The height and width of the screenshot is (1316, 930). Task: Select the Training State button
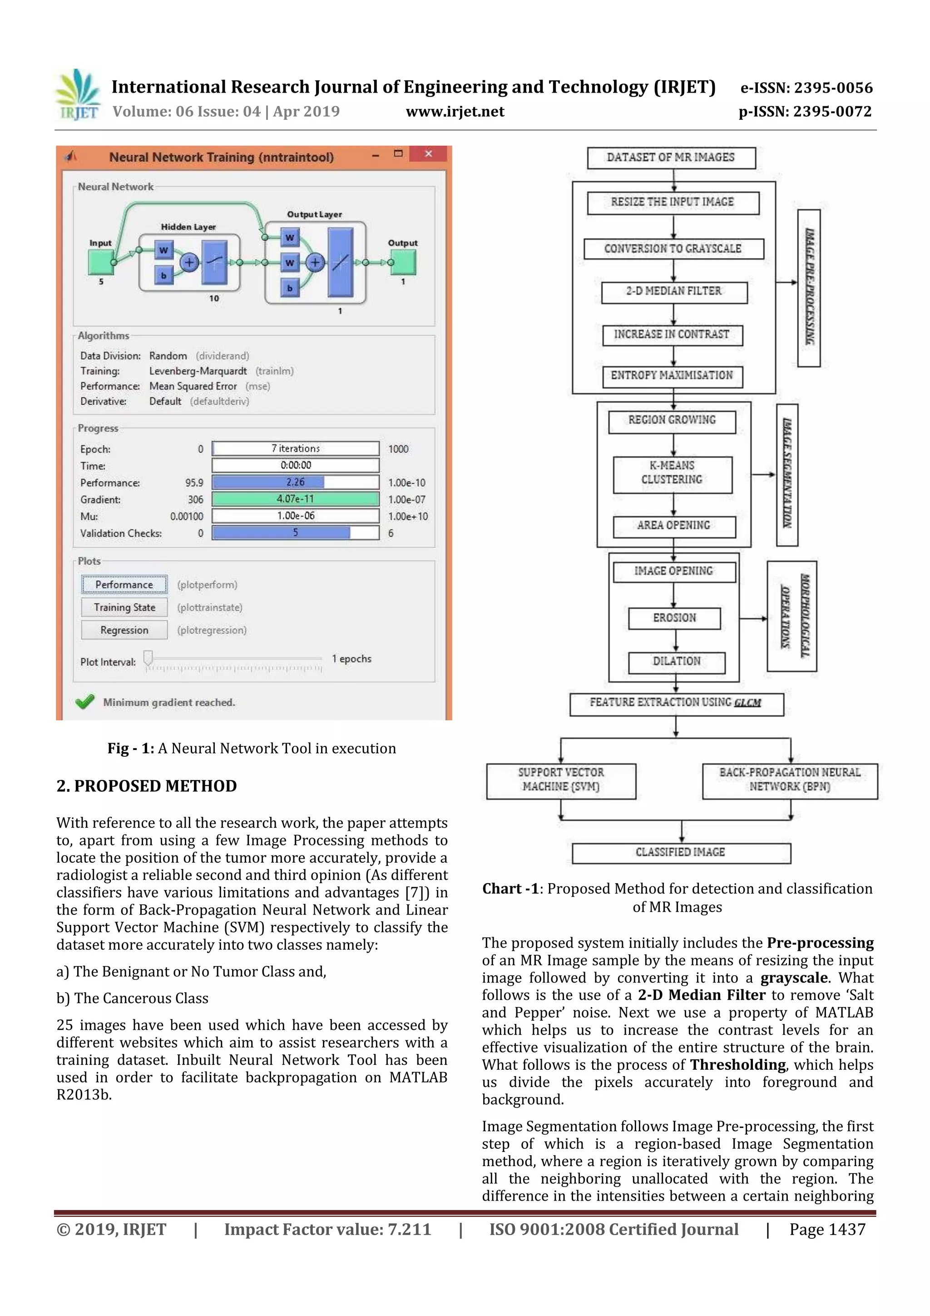124,607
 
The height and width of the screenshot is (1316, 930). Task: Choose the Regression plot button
124,630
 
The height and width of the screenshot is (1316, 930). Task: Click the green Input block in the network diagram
100,263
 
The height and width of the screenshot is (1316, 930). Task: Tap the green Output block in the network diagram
403,263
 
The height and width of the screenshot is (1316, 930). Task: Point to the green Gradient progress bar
295,499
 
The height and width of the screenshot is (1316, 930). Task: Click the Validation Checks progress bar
295,533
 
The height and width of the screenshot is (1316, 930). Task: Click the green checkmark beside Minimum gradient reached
85,702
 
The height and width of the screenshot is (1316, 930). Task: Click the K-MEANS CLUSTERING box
672,474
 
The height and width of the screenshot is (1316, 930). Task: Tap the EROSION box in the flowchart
674,618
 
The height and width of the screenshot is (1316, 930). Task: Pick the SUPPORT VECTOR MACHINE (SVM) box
560,780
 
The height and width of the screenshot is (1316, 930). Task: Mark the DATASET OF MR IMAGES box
671,158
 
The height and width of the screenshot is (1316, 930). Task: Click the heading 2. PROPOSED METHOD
147,786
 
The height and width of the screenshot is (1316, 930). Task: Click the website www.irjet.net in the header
455,112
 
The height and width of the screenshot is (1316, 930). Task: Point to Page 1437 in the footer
827,1229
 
